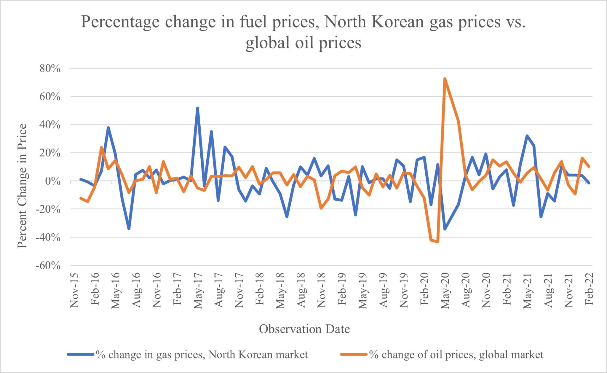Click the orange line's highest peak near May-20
[x=445, y=79]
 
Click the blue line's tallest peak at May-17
[x=197, y=108]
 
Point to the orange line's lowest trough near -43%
[x=438, y=242]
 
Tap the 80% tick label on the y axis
[x=50, y=68]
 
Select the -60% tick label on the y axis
[x=48, y=265]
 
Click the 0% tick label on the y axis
[x=53, y=181]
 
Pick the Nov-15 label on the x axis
[x=74, y=290]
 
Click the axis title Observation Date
[x=304, y=329]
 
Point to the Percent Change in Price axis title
[x=22, y=186]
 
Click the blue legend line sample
[x=80, y=354]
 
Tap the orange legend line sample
[x=354, y=354]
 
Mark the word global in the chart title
[x=267, y=43]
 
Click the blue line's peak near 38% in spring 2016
[x=108, y=128]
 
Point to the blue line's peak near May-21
[x=527, y=136]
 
